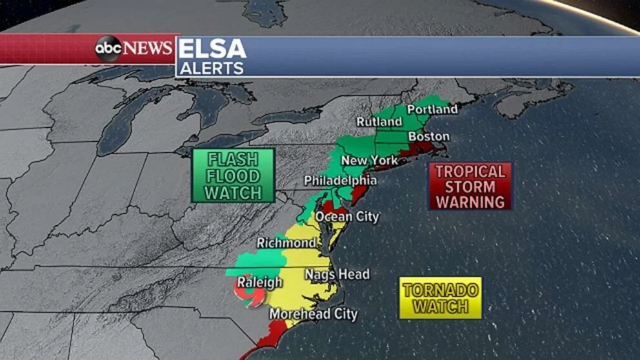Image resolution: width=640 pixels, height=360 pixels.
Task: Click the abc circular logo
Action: point(108,49)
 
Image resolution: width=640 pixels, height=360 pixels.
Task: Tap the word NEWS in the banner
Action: point(148,48)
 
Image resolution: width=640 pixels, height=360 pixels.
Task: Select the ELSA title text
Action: point(212,49)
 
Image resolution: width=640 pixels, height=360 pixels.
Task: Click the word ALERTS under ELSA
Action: point(211,68)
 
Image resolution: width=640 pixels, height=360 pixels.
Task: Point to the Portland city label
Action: point(432,109)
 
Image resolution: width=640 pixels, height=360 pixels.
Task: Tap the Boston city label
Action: point(428,137)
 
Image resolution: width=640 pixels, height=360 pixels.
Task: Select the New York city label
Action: point(368,160)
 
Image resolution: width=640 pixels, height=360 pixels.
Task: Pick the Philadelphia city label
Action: point(340,180)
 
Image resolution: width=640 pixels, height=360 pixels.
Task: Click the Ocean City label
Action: point(346,217)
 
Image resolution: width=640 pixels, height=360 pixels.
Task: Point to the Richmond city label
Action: point(286,243)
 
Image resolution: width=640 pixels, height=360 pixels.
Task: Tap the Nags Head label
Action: point(337,275)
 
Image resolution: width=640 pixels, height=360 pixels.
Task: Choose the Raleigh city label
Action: point(259,282)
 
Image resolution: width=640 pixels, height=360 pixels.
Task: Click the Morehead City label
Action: point(313,314)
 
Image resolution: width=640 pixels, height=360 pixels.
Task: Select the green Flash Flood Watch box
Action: point(233,175)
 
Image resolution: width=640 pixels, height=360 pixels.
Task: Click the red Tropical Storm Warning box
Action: point(470,186)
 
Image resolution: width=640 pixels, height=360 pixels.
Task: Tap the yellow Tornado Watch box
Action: point(440,297)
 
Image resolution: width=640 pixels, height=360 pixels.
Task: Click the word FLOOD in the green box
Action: point(233,176)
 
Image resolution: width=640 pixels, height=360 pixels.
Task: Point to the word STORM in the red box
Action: point(470,186)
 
